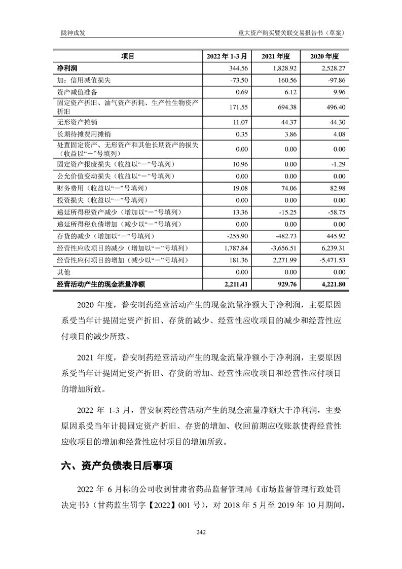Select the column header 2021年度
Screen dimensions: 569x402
[275, 56]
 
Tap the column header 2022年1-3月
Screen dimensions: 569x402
[227, 56]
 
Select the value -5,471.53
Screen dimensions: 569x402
[331, 260]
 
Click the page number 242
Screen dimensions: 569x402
[201, 531]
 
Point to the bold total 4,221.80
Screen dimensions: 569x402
[331, 284]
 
